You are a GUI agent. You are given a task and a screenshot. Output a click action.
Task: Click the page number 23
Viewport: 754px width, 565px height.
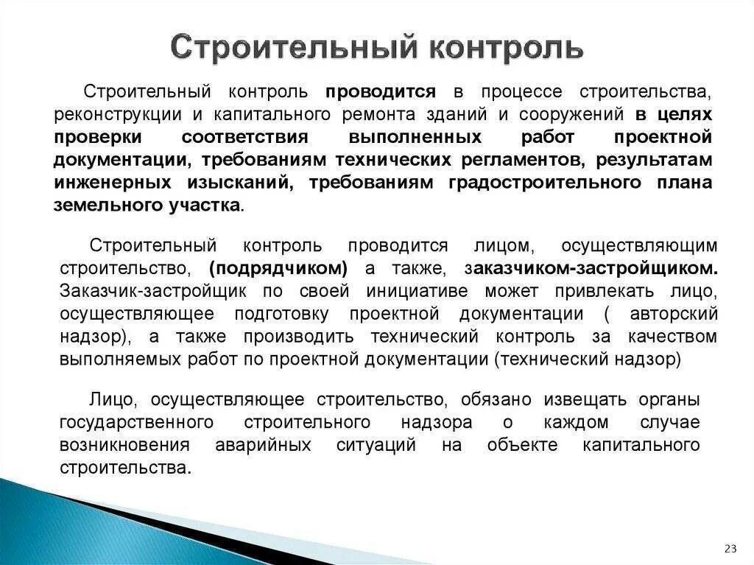click(x=731, y=548)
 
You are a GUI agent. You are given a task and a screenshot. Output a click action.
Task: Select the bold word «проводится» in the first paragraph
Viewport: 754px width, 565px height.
click(x=381, y=92)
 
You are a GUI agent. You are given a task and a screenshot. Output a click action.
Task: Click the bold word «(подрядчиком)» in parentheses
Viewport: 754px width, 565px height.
click(x=278, y=267)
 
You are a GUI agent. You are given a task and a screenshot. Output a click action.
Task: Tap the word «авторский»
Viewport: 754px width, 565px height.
click(x=674, y=314)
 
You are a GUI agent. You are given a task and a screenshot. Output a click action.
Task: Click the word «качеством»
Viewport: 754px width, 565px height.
click(x=673, y=337)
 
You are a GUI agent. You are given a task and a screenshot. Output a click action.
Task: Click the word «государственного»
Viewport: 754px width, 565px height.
click(x=137, y=423)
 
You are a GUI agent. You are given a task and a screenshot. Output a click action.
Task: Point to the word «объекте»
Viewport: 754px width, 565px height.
click(x=522, y=446)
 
